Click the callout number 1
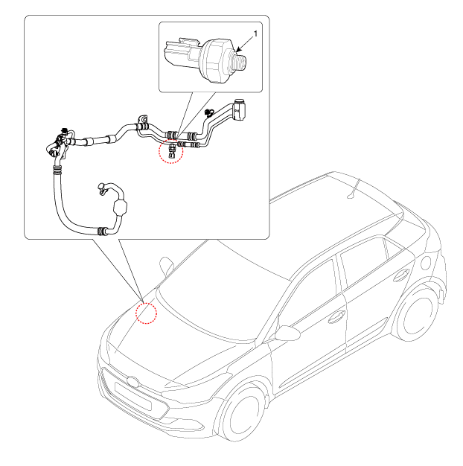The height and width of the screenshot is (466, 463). pos(255,34)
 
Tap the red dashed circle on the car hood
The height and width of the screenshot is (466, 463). pos(146,313)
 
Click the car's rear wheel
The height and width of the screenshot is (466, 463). pos(416,314)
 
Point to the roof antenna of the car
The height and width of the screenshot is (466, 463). pos(354,189)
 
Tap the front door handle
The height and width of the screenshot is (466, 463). pos(336,317)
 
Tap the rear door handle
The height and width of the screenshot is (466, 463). pos(401,275)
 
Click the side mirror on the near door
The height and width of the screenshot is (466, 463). pos(287,333)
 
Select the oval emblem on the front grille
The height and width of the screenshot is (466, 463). pos(132,382)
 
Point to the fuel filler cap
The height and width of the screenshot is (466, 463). pos(426,263)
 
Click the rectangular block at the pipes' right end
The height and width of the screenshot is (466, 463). pos(239,110)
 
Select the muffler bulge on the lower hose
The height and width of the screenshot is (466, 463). pos(120,208)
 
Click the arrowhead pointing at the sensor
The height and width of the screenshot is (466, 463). pos(239,50)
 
